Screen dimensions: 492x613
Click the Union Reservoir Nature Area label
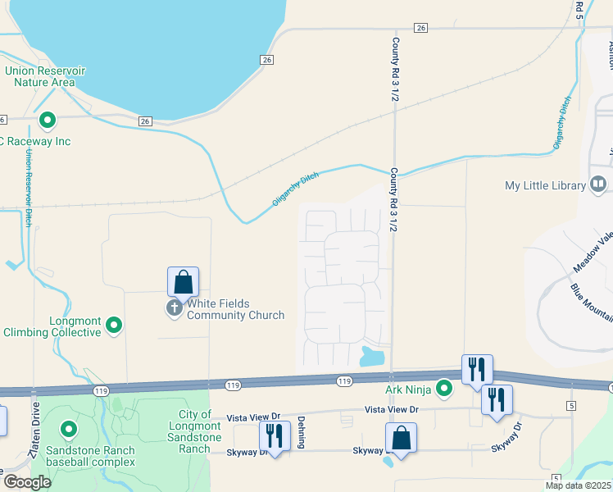click(x=45, y=76)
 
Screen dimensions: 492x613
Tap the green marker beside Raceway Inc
click(x=48, y=121)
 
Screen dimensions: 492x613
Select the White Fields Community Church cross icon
click(x=174, y=308)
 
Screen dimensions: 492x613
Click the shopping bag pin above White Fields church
click(x=184, y=283)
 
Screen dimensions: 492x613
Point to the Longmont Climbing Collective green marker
click(x=115, y=326)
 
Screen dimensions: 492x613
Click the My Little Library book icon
click(x=598, y=185)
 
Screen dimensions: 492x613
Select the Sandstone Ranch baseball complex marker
click(x=68, y=429)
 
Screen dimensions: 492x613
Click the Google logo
click(x=27, y=482)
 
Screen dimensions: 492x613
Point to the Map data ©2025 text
click(x=577, y=485)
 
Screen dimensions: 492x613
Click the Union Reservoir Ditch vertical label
click(x=29, y=188)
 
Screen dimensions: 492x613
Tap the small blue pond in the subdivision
click(x=372, y=356)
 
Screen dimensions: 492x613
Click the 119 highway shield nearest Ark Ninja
click(x=344, y=380)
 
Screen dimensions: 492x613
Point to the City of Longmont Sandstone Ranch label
click(x=195, y=431)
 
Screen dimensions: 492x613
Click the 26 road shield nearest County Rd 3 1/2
click(x=421, y=28)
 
